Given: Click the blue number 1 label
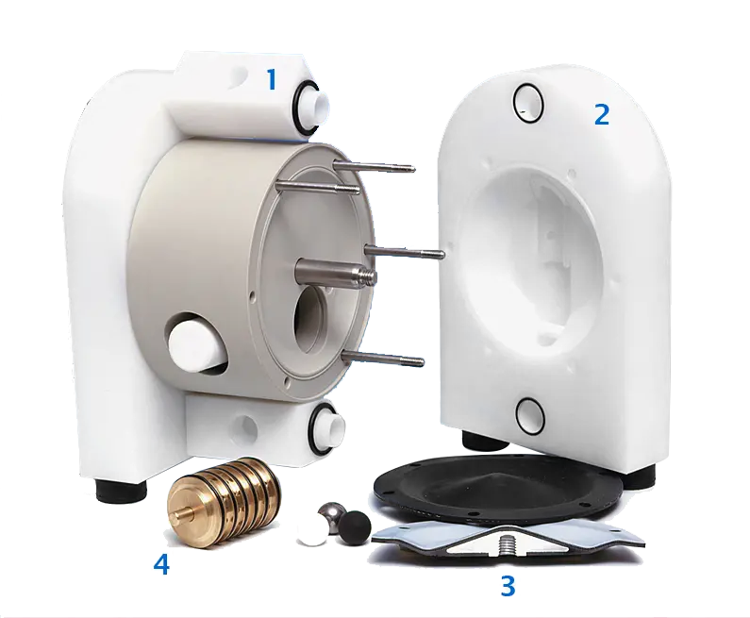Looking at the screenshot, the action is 272,79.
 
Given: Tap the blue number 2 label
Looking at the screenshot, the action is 602,115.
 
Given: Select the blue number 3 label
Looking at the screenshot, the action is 508,586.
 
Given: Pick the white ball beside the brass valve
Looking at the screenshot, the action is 312,533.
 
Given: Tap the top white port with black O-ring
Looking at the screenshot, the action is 311,106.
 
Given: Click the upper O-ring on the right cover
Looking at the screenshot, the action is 528,105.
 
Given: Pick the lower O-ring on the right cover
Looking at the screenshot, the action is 531,414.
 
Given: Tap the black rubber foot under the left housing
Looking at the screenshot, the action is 121,490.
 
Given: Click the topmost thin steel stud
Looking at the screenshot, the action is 374,165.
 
